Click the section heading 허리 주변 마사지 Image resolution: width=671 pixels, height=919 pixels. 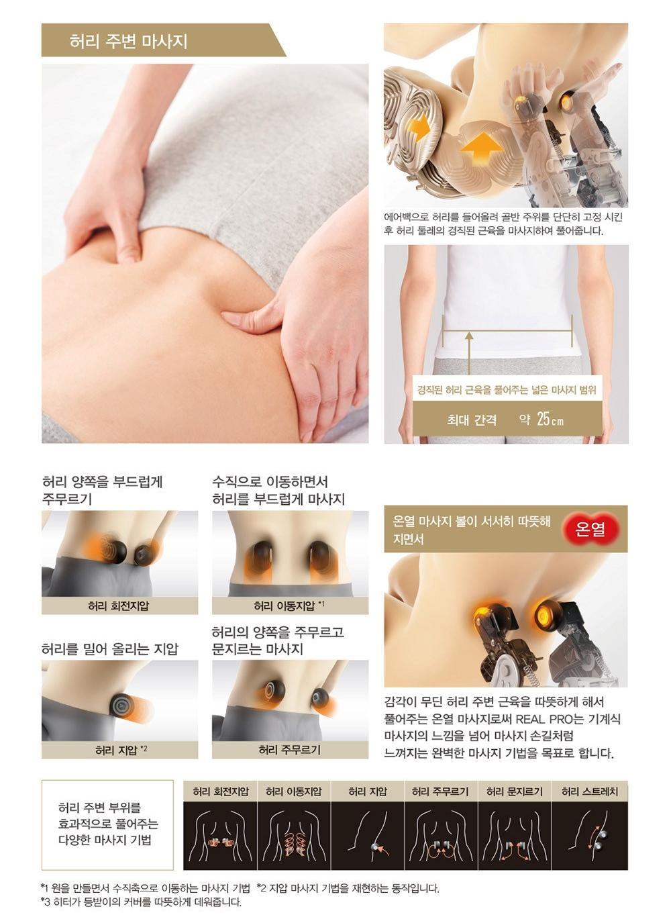tap(128, 42)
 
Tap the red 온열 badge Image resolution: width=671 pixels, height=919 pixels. tap(589, 529)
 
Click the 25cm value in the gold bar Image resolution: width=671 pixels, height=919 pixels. tap(550, 419)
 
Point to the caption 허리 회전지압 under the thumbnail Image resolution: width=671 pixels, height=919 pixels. tap(119, 606)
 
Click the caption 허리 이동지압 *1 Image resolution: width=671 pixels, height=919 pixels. tap(289, 605)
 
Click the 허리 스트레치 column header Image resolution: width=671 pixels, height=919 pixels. tap(590, 791)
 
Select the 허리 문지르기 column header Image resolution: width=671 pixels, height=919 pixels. tap(515, 791)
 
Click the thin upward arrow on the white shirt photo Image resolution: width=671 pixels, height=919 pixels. tap(469, 353)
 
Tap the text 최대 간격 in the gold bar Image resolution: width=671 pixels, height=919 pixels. tap(472, 420)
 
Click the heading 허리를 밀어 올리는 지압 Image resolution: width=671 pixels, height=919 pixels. tap(110, 648)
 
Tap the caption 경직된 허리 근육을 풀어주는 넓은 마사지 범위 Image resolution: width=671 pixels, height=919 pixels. tap(507, 389)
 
